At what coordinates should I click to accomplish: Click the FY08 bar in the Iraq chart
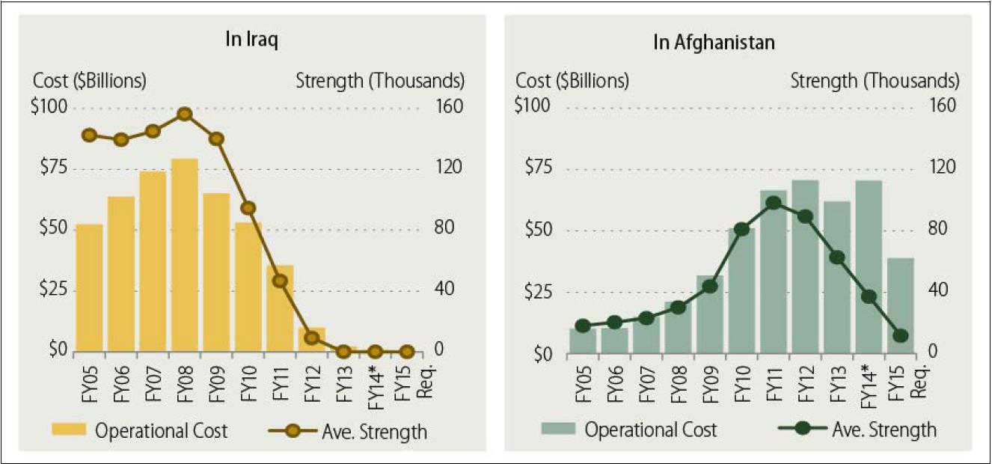click(x=185, y=254)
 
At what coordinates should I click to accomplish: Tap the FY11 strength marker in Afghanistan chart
click(x=774, y=203)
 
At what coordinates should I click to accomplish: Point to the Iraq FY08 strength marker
click(x=185, y=115)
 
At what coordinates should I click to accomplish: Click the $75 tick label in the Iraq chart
click(x=51, y=168)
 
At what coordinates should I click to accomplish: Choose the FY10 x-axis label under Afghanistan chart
click(x=741, y=384)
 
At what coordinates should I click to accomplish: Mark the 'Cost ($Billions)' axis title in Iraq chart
click(x=89, y=80)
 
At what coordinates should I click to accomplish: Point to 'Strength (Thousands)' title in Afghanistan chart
click(x=875, y=80)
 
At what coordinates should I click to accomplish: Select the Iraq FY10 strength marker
click(x=248, y=209)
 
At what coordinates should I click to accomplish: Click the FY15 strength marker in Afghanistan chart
click(x=901, y=336)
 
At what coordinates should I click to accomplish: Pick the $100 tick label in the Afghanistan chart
click(x=533, y=105)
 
